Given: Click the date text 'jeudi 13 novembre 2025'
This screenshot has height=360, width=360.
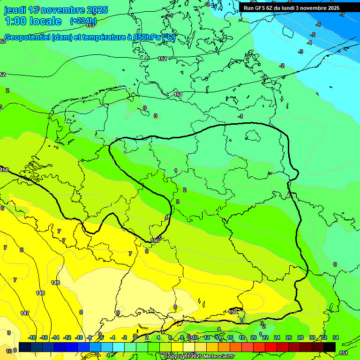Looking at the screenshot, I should tap(56, 10).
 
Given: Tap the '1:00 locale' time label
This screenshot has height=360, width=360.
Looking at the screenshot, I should tap(33, 21).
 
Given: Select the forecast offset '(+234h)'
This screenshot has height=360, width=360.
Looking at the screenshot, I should tap(83, 21).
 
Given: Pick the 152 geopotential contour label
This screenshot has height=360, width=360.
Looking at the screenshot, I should tap(162, 59).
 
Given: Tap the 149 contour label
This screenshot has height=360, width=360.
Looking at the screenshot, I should tap(55, 283).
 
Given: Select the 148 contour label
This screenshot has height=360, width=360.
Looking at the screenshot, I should tap(40, 293).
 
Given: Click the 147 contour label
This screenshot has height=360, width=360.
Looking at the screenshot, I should tap(25, 313).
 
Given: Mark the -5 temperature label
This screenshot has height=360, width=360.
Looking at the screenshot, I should tap(313, 35).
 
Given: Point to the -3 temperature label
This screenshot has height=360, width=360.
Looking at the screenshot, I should tap(301, 52).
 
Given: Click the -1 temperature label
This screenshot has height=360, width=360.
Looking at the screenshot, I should tap(240, 116).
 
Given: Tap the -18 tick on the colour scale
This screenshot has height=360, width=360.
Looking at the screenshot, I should tap(32, 337).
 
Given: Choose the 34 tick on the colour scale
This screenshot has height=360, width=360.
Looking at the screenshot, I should tap(336, 337).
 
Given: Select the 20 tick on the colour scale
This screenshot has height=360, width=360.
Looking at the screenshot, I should tap(254, 337).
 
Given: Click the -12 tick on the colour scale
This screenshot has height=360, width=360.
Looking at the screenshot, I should tap(67, 337).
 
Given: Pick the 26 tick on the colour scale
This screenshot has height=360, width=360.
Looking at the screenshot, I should tap(289, 337).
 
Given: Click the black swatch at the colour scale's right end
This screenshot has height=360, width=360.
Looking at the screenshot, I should tap(330, 347).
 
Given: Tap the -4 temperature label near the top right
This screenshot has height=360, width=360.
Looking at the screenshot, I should tap(309, 43).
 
